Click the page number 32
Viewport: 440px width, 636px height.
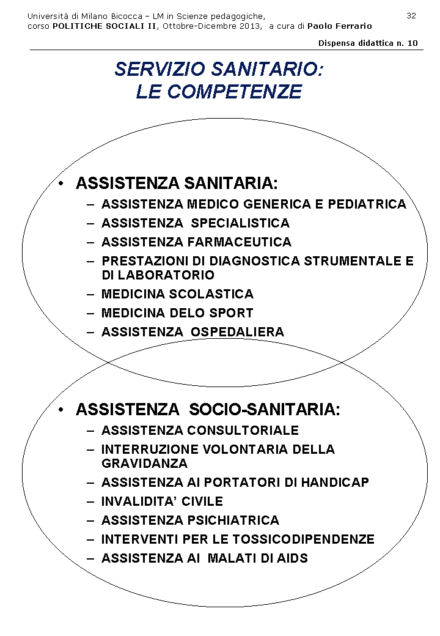click(x=411, y=15)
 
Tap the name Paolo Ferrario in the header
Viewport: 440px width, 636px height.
click(x=339, y=26)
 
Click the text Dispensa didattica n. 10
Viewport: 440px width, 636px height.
click(x=368, y=43)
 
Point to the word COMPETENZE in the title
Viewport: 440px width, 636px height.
click(x=235, y=92)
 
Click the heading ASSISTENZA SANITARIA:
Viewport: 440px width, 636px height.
click(x=177, y=183)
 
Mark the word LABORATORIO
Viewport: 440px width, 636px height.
click(x=166, y=275)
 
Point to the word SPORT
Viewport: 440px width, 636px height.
click(x=229, y=313)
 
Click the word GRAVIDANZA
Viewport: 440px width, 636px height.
click(x=144, y=464)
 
